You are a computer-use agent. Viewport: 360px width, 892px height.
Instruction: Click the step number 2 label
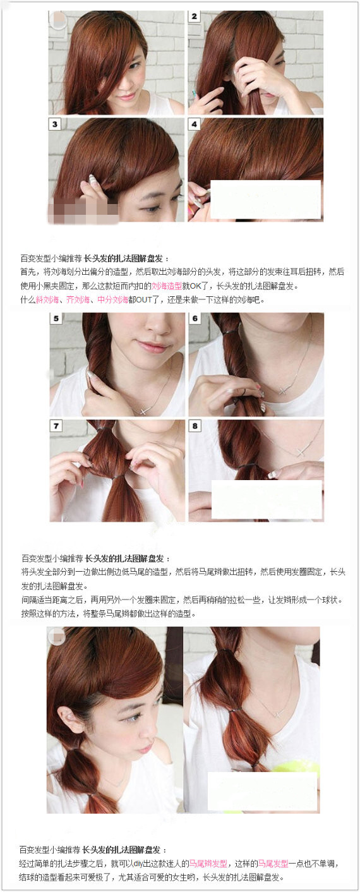pos(194,16)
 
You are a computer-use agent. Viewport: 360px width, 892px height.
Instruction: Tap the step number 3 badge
pos(55,124)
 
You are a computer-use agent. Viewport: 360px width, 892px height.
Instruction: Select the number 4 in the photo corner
pos(194,124)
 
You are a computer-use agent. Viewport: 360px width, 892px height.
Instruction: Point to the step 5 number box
pos(57,319)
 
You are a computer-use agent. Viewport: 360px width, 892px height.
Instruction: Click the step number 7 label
pos(57,426)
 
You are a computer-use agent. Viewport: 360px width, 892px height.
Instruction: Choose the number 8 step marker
pos(195,426)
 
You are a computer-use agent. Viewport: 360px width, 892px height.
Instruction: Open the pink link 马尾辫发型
pos(208,864)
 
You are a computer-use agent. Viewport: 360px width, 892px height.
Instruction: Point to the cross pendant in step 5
pos(143,409)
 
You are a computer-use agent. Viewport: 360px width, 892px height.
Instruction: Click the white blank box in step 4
pos(265,200)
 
